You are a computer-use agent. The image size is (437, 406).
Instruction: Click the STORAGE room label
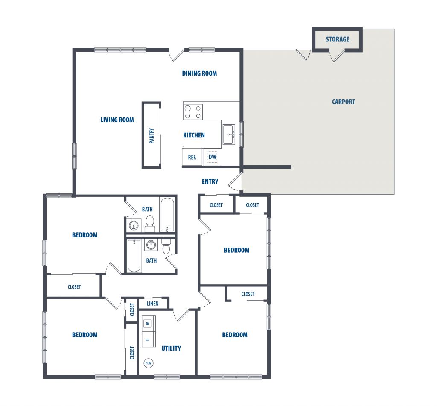point(337,39)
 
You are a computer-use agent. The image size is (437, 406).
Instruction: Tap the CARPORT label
point(344,102)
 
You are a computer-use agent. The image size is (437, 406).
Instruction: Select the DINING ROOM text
point(199,73)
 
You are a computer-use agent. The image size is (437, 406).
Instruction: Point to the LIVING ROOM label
point(117,120)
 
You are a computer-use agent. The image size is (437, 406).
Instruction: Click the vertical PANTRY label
point(151,136)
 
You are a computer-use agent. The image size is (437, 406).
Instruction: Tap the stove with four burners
point(193,112)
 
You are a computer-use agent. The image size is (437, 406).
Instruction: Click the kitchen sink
point(229,134)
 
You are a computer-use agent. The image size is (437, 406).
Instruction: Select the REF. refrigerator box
point(192,157)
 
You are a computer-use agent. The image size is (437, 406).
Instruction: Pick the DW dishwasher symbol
point(213,157)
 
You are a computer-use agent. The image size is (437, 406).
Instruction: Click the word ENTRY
point(210,182)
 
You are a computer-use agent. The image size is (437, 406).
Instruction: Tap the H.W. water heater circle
point(149,363)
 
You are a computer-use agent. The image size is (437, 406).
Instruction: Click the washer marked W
point(149,324)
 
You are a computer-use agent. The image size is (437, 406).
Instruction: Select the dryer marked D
point(149,339)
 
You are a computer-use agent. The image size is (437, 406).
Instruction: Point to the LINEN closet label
point(152,304)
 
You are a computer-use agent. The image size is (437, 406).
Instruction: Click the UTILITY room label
point(171,348)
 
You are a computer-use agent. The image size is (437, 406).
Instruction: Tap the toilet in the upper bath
point(150,223)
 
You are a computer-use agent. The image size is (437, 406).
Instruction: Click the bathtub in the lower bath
point(134,255)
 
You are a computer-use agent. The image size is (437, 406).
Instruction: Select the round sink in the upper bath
point(134,225)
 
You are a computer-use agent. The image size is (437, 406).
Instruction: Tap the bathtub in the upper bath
point(167,215)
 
